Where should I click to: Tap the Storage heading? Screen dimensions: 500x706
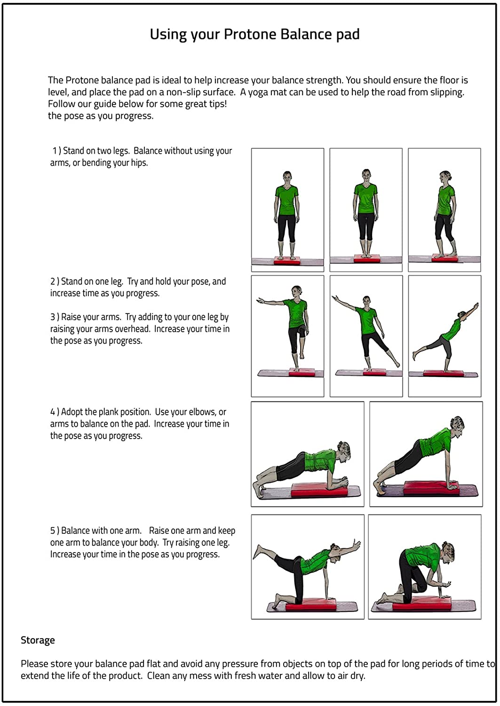tap(38, 640)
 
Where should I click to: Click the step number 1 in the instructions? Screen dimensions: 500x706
tap(55, 151)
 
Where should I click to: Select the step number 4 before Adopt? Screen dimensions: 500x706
tap(53, 412)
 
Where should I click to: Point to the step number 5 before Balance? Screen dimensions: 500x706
tap(53, 531)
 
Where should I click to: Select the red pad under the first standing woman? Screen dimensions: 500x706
tap(287, 260)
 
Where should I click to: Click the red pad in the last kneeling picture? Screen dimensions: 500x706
tap(422, 607)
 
